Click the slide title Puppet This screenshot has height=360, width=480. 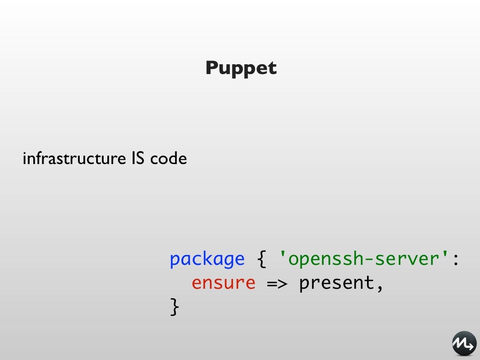(x=241, y=68)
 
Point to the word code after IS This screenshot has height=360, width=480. (x=168, y=159)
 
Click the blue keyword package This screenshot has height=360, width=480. (x=207, y=259)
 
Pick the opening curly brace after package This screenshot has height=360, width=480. (x=262, y=259)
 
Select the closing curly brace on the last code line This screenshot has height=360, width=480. (x=174, y=307)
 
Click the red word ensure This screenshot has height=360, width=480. (x=223, y=283)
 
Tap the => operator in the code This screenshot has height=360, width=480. (x=277, y=283)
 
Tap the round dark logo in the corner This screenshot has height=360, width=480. (x=464, y=344)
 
